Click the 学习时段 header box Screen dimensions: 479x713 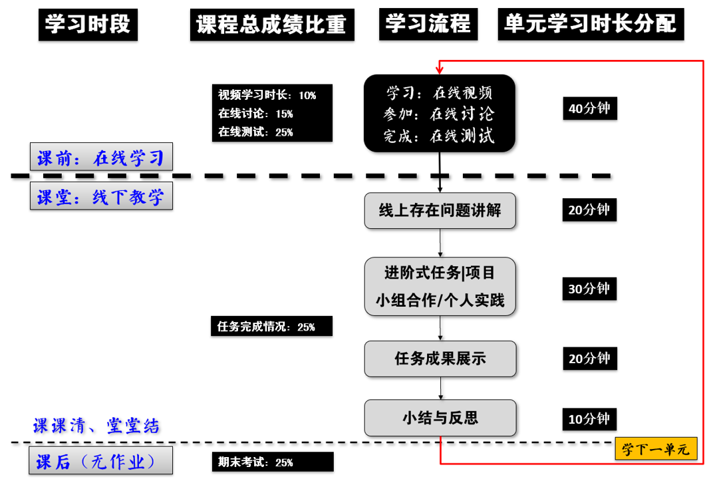coord(87,25)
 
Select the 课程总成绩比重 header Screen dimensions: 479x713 coord(271,25)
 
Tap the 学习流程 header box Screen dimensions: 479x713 coord(428,25)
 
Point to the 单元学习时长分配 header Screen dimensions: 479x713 coord(591,25)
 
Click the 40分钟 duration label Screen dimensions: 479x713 coord(589,108)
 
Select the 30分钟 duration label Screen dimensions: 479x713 coord(589,289)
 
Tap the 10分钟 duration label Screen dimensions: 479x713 coord(589,419)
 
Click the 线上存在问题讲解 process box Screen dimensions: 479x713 coord(440,211)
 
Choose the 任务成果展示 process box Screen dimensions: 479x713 coord(440,359)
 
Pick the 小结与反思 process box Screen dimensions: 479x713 coord(440,418)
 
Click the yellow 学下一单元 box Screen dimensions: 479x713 coord(655,450)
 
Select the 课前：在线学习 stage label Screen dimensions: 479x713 coord(101,158)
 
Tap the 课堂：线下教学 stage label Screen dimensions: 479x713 coord(101,196)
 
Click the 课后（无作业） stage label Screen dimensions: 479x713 coord(101,461)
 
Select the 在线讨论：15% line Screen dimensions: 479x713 coord(256,114)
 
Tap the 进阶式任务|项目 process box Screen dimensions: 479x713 coord(440,286)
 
